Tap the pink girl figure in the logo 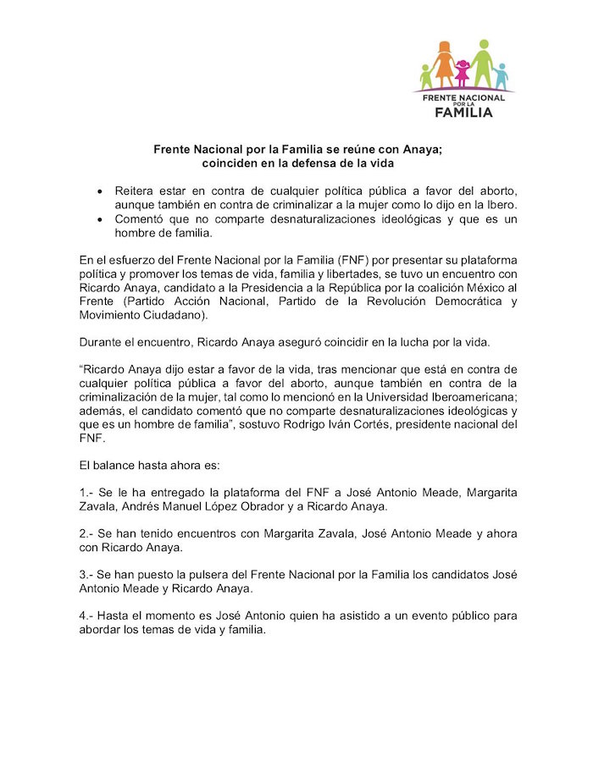(x=462, y=74)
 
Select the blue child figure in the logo (x=501, y=76)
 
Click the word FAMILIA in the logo (x=463, y=112)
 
